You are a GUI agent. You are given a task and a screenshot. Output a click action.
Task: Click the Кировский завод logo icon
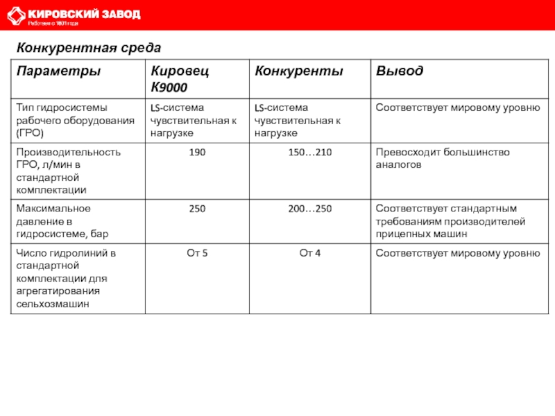16,16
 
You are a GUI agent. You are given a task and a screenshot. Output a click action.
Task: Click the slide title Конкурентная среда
89,48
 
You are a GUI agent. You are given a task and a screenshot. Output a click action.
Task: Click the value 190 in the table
197,152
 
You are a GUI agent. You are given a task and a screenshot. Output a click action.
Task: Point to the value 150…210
309,152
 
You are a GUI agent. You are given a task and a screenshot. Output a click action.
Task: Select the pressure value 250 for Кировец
197,208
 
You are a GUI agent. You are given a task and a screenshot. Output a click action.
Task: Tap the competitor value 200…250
309,208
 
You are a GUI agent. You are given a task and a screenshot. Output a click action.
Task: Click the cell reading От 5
197,252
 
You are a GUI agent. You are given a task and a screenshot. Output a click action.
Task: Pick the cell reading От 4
309,252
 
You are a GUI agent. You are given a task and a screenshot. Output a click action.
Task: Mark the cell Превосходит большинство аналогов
443,158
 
